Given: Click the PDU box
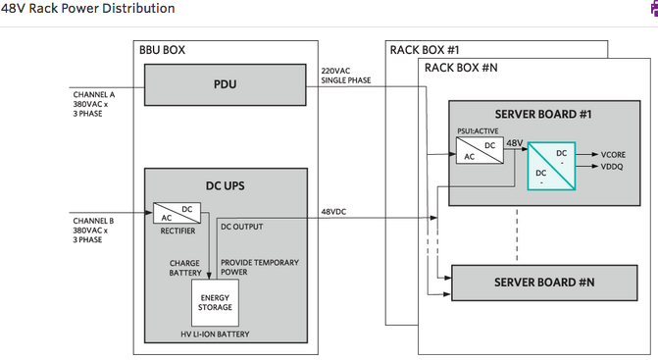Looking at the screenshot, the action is coord(225,84).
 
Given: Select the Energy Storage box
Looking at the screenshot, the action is coord(215,303).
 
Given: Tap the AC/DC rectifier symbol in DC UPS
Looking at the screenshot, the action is coord(177,213).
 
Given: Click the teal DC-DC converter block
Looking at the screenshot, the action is coord(551,166).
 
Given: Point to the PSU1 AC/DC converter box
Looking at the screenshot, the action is coord(480,150).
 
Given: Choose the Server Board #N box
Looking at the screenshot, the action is coord(544,283).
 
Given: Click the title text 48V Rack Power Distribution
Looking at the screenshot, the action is coord(87,9).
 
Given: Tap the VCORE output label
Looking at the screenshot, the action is coord(613,155).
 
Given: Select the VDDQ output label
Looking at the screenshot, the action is coord(612,167).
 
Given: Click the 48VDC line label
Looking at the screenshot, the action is coord(333,212).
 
